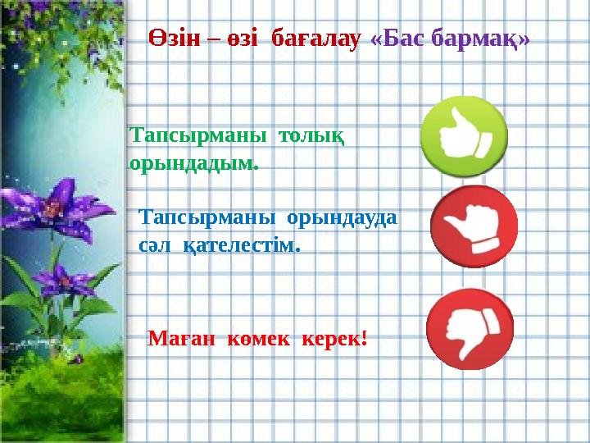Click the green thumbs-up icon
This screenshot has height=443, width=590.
point(464,136)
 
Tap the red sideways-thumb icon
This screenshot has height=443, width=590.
point(474,227)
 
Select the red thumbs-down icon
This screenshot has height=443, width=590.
point(470,329)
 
